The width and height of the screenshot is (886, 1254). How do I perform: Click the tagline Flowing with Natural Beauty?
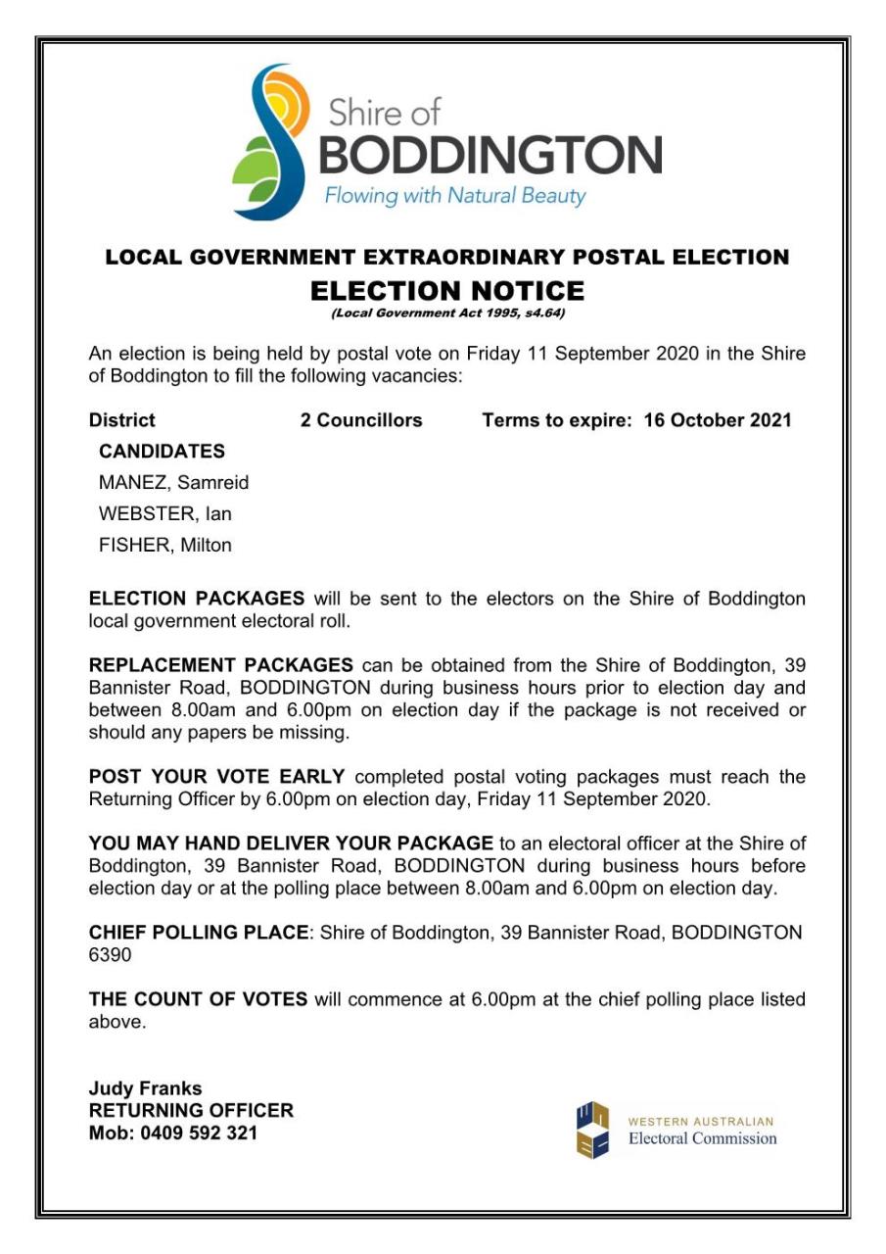[454, 195]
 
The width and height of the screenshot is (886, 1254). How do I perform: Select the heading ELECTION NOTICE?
[446, 290]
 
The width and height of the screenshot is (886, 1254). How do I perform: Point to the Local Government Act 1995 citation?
[447, 313]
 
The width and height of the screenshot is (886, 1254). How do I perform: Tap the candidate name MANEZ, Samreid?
[173, 483]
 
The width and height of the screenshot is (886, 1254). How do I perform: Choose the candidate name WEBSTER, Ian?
[164, 514]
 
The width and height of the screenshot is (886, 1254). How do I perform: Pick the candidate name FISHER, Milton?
[164, 546]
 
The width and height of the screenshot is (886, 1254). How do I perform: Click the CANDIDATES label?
[162, 452]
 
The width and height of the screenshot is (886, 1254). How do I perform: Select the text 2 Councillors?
[361, 420]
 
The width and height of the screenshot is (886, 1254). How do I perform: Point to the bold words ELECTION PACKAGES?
[197, 599]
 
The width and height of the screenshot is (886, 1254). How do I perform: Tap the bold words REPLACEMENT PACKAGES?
[220, 665]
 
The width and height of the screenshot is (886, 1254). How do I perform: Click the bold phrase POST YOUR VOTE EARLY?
[216, 777]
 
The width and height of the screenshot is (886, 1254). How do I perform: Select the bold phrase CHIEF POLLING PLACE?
[199, 933]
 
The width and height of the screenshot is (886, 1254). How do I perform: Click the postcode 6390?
[110, 955]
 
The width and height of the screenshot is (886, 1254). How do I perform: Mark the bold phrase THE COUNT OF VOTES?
[198, 1000]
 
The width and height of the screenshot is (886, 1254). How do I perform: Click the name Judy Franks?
[145, 1088]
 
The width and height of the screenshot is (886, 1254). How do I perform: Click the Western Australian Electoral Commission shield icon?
[592, 1130]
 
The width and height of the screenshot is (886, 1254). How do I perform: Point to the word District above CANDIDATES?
[121, 420]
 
